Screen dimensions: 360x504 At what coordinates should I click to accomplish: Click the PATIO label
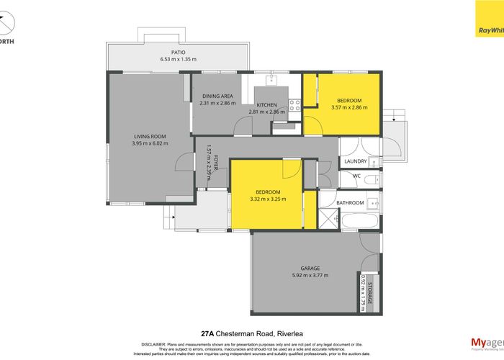179,51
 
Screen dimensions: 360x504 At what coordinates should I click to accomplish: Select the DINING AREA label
217,96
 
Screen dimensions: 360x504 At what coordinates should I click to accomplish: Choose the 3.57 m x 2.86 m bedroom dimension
348,108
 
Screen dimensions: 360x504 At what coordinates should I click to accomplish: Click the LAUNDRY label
356,161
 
